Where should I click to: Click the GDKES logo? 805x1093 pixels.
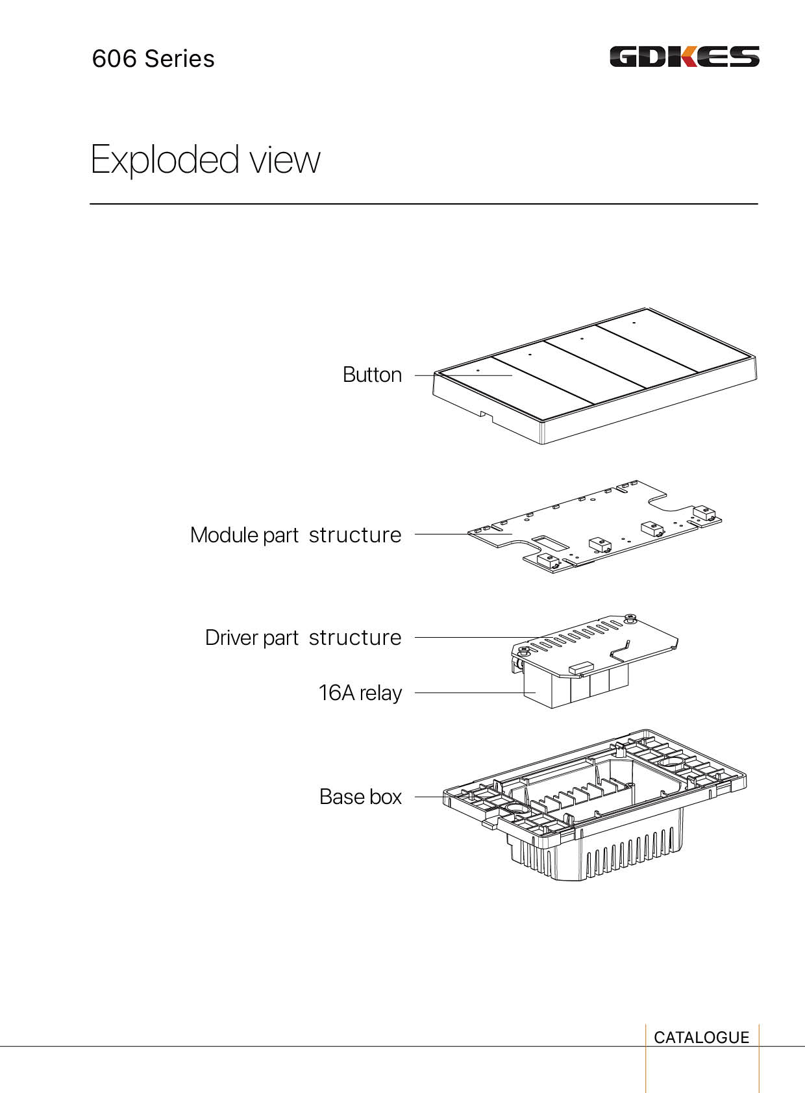(x=684, y=56)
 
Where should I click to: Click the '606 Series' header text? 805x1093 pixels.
(x=153, y=58)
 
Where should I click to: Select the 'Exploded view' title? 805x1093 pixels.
(x=205, y=160)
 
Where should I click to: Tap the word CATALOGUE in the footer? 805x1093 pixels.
(x=701, y=1037)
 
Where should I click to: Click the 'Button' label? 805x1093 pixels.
(x=372, y=375)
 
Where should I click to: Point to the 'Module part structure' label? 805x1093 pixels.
(x=295, y=535)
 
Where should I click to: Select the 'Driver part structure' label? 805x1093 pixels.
(x=303, y=638)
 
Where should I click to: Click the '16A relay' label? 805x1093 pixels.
(x=360, y=693)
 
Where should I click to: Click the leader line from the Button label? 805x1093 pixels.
(x=463, y=375)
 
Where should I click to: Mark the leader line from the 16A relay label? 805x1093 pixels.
(x=475, y=692)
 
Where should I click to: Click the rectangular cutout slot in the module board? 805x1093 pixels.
(x=550, y=542)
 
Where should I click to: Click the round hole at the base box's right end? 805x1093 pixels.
(x=673, y=763)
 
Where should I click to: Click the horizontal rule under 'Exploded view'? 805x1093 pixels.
(x=423, y=204)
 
